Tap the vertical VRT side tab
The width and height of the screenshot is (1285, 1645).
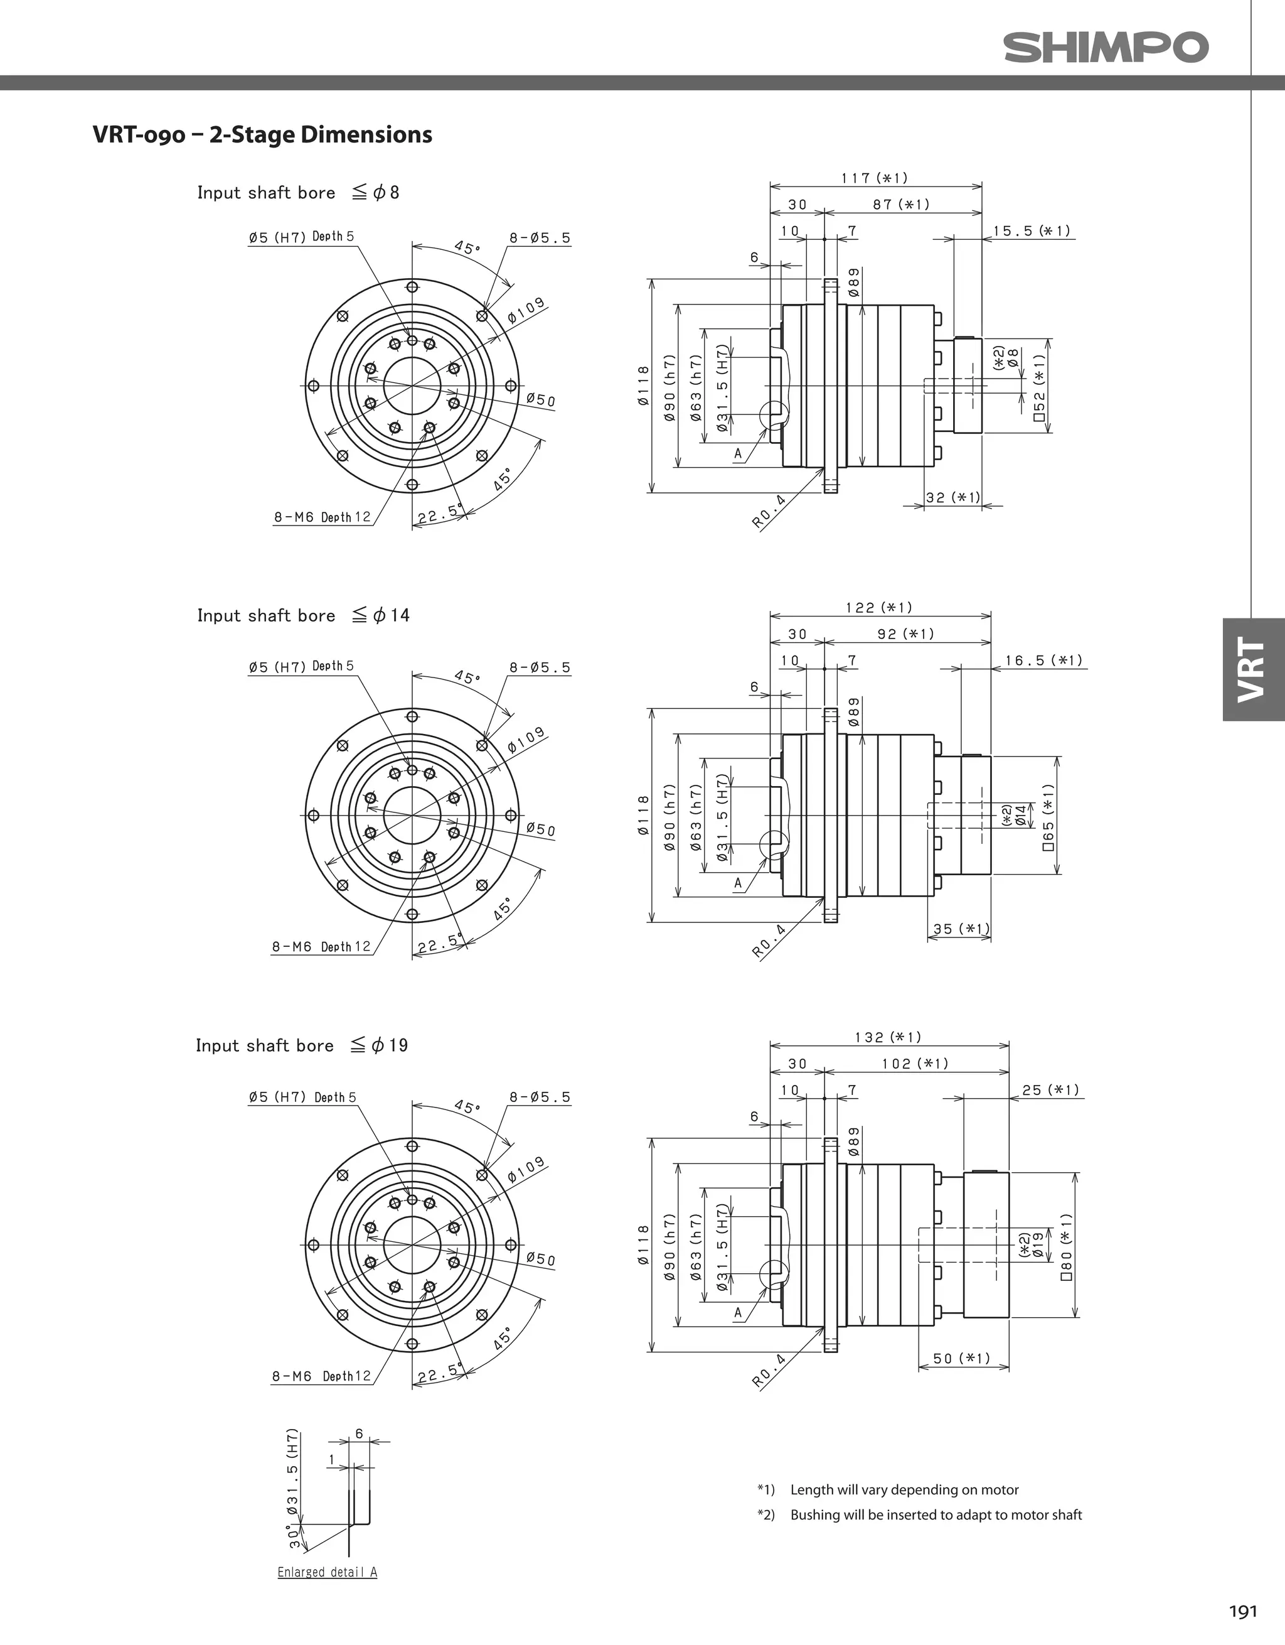tap(1252, 669)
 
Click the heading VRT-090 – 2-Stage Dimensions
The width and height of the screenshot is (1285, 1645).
tap(262, 135)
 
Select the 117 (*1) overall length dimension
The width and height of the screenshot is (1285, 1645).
tap(874, 178)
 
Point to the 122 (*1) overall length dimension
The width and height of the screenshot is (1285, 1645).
tap(878, 607)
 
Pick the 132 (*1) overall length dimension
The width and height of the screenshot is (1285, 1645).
tap(888, 1037)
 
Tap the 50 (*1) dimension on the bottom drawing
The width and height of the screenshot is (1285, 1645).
tap(961, 1358)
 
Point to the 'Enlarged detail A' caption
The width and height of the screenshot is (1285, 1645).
tap(327, 1572)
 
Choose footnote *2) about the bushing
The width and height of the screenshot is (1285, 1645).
tap(919, 1514)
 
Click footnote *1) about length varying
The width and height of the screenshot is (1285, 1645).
tap(888, 1490)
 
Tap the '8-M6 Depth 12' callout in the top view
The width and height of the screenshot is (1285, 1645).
tap(321, 517)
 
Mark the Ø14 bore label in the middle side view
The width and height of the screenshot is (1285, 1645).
tap(1021, 816)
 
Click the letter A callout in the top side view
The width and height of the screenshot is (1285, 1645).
tap(738, 453)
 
